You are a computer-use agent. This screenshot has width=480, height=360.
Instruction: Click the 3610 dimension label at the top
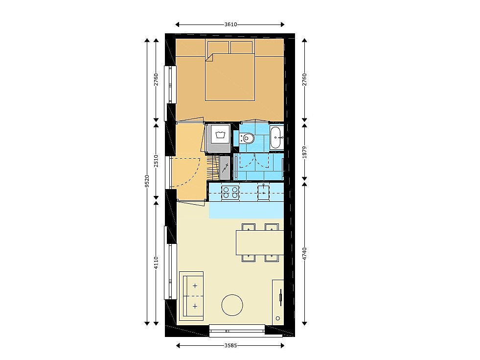point(230,24)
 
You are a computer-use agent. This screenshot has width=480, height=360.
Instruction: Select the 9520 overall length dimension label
point(147,181)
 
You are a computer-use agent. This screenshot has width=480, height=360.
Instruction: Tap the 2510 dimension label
point(156,161)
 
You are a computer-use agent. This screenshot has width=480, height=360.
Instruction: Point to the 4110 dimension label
point(156,263)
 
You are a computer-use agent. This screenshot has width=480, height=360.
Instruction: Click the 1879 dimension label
point(304,152)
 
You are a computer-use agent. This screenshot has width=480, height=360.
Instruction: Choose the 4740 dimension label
point(304,253)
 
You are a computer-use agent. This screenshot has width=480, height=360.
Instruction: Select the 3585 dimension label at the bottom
point(230,346)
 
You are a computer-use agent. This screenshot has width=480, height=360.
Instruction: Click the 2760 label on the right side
point(304,80)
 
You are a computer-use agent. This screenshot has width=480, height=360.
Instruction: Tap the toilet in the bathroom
point(247,138)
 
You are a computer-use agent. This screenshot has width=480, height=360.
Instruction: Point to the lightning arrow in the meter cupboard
point(225,168)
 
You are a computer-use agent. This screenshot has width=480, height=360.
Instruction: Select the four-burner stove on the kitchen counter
point(230,192)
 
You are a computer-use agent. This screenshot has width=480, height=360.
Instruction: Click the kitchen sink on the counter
point(263,192)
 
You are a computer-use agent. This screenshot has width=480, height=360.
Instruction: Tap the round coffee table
point(232,305)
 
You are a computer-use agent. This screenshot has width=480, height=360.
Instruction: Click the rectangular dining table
point(260,242)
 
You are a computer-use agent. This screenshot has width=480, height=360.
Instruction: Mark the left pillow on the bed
point(218,47)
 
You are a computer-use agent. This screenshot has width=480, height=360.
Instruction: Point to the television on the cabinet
point(280,297)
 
